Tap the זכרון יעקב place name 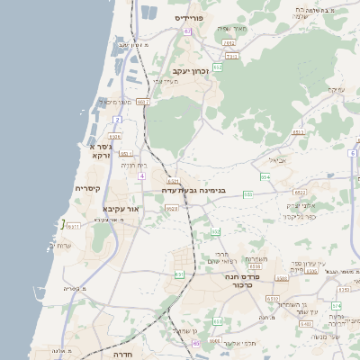[190, 70]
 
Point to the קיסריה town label [88, 188]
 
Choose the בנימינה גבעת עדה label [193, 190]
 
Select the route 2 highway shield [117, 119]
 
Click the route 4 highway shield [141, 175]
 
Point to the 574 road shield [335, 306]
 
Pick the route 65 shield [196, 343]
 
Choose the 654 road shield [265, 176]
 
